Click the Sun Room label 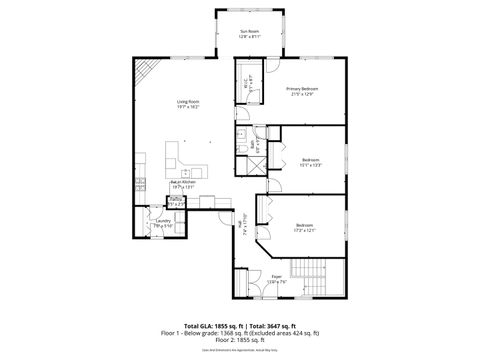248,34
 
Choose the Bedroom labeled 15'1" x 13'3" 309,161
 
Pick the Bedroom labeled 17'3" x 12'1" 304,229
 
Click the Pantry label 175,202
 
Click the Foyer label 276,280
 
